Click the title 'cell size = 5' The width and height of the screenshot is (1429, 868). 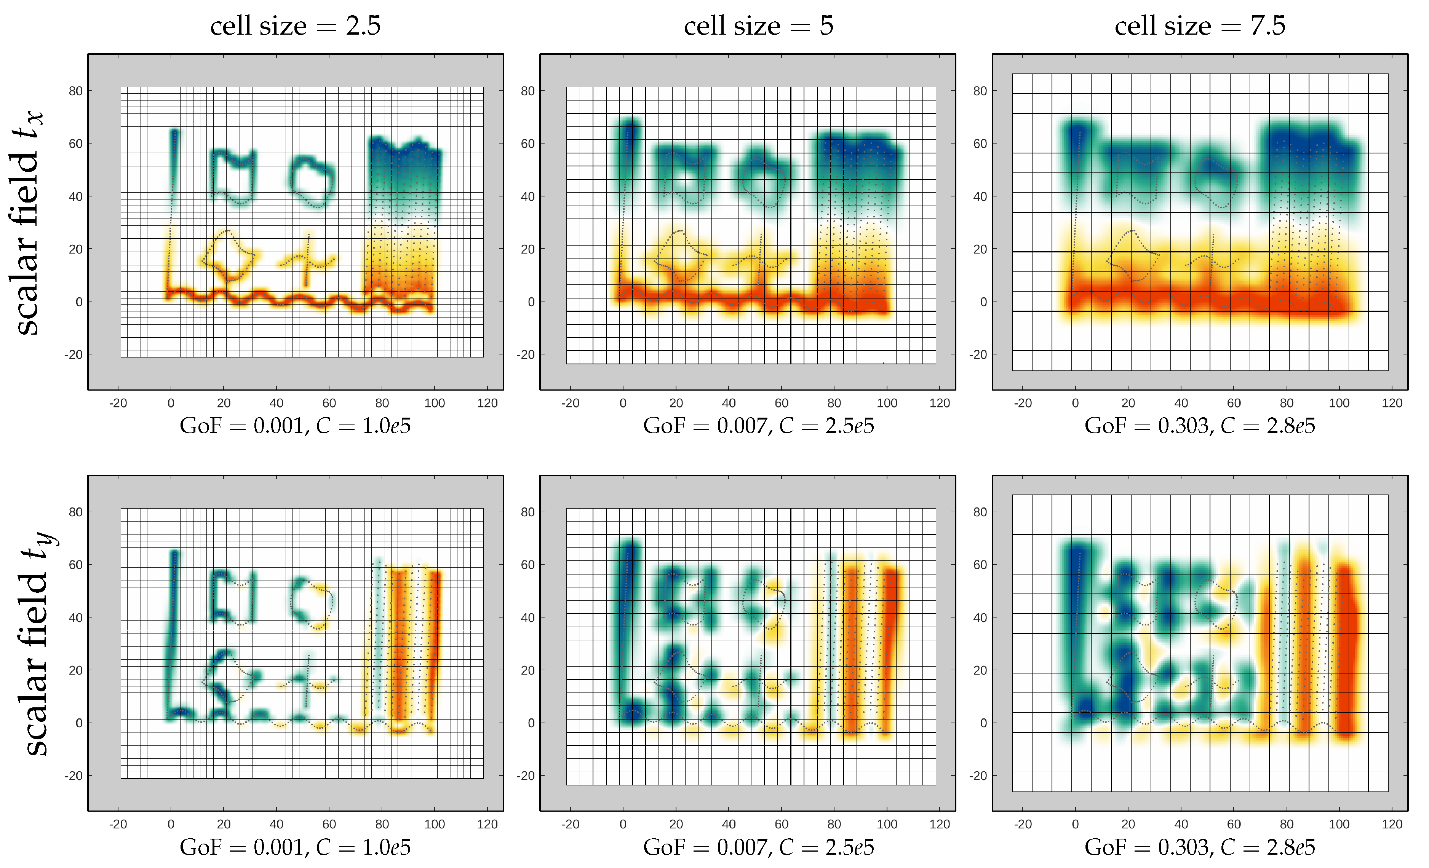coord(759,26)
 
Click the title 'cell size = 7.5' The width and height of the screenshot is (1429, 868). coord(1200,26)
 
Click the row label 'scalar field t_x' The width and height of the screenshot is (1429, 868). coord(26,223)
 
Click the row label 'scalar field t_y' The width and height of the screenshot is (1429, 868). coord(35,644)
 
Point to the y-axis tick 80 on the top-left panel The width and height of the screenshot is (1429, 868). coord(76,91)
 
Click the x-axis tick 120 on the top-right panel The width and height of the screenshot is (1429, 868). coord(1392,403)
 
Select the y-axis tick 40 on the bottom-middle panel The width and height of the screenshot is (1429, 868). coord(528,617)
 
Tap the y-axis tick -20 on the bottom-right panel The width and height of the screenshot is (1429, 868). coord(978,776)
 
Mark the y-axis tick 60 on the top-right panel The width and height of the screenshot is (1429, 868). coord(980,144)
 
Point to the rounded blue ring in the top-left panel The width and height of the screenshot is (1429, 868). coord(312,181)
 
